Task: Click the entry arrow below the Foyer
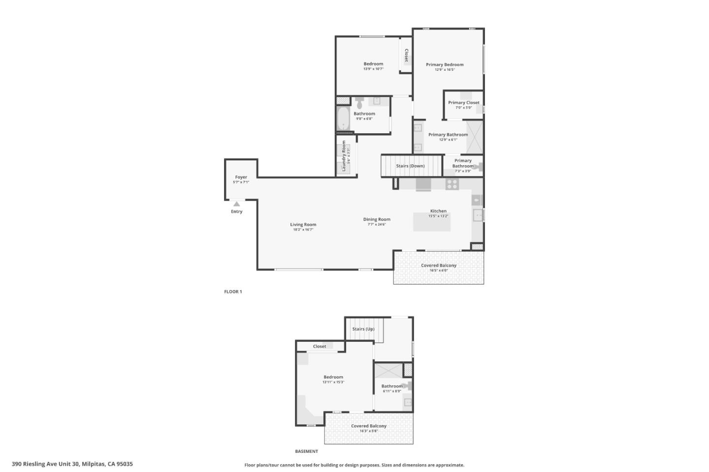(237, 204)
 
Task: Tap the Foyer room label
(241, 177)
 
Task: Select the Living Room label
(303, 224)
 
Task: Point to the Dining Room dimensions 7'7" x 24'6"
(377, 224)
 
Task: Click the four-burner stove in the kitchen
(451, 184)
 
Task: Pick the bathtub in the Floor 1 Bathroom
(343, 119)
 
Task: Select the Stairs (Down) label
(410, 166)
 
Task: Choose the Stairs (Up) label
(363, 329)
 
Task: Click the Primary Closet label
(463, 103)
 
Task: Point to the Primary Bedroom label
(445, 64)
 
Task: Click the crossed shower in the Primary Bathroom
(475, 137)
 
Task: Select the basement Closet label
(320, 346)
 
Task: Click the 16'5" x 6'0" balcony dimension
(438, 270)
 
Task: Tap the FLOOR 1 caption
(233, 292)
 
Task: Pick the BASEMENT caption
(306, 451)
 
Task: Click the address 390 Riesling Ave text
(72, 464)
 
